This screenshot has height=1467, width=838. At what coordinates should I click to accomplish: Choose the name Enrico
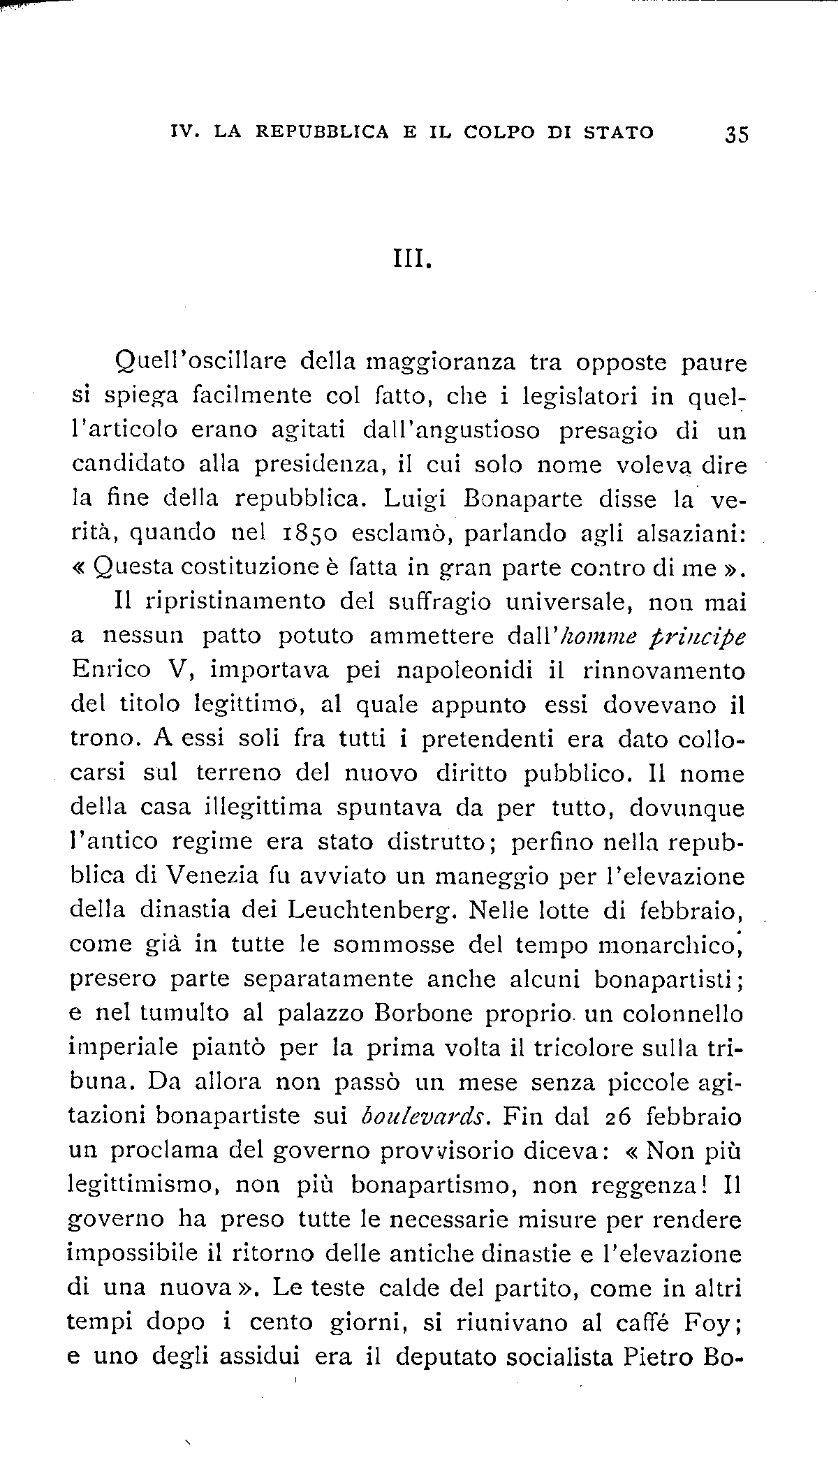click(111, 670)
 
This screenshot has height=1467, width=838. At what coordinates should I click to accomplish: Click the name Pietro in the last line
click(653, 1356)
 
